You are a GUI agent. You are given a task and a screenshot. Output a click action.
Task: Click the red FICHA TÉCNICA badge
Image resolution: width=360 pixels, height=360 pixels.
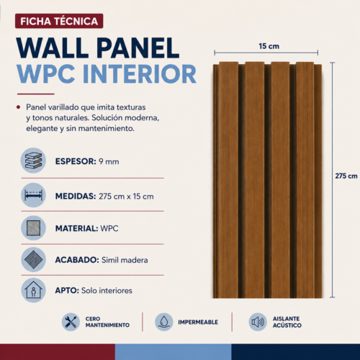pos(59,21)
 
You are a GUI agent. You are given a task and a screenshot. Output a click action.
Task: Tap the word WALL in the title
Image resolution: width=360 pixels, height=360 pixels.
pos(53,48)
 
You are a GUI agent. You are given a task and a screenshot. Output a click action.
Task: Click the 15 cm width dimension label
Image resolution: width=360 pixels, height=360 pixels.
pos(269,46)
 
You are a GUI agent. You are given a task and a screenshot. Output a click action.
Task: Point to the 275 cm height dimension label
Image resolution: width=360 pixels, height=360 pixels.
pos(346,176)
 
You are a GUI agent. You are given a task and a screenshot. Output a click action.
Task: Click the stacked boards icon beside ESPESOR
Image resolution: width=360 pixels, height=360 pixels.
pos(33,161)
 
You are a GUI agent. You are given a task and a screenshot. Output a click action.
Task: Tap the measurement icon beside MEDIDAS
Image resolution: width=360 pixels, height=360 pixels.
pos(33,195)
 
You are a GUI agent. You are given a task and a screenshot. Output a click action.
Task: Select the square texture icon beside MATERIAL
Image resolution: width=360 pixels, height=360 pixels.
pos(33,228)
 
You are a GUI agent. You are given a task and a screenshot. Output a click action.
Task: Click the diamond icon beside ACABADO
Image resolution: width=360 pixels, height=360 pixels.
pos(33,260)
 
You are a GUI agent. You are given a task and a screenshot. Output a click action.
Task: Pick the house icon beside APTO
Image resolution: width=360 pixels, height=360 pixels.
pos(33,290)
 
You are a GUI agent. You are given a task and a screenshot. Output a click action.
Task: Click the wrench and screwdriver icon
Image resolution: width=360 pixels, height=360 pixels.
pos(71,322)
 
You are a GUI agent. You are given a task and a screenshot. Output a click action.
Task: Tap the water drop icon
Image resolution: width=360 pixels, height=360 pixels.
pos(164,322)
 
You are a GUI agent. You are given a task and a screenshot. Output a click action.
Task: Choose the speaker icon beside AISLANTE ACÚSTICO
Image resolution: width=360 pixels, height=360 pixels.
pos(258,322)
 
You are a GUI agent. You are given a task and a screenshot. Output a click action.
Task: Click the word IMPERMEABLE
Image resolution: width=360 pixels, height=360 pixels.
pos(198,322)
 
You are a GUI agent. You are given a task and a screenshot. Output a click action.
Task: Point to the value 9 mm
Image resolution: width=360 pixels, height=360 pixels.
pos(109,161)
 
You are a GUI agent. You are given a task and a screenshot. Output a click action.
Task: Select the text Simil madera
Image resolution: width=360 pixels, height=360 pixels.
pos(125,260)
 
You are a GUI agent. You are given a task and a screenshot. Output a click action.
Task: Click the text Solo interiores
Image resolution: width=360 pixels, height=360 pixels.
pos(107,290)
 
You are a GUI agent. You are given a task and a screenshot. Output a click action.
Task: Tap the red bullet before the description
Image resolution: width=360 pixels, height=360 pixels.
pos(18,107)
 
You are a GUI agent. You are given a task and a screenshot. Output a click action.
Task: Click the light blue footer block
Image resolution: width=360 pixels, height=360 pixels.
pos(174,352)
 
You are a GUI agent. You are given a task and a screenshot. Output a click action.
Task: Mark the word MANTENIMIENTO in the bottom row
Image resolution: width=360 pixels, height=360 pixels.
pos(107,325)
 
